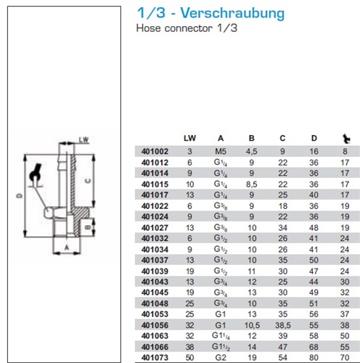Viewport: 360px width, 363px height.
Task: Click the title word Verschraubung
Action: [x=232, y=13]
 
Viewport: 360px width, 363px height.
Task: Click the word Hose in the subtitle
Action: [x=149, y=28]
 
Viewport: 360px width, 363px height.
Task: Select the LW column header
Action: [x=189, y=138]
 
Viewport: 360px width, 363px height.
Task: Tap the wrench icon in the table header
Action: [x=346, y=139]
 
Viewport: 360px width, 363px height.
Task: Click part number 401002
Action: [x=155, y=152]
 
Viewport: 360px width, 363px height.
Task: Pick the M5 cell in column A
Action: [x=221, y=152]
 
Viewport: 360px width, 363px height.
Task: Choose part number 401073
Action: [x=155, y=357]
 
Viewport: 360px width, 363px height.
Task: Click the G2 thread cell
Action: [x=221, y=357]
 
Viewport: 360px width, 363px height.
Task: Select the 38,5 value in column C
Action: [x=282, y=325]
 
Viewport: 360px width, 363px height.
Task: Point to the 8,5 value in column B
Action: [x=252, y=184]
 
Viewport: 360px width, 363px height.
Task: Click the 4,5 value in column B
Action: [x=252, y=152]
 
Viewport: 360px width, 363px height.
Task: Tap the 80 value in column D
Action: [x=314, y=357]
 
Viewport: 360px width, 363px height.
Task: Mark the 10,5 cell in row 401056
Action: [x=252, y=325]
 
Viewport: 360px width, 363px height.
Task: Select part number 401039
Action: [x=155, y=272]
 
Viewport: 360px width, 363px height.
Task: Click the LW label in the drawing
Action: [x=84, y=140]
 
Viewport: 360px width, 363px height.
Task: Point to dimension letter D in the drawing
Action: [x=20, y=195]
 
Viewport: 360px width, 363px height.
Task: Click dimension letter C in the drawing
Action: [x=88, y=181]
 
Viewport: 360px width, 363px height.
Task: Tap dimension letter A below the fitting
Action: [x=67, y=248]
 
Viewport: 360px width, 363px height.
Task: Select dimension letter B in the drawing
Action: [x=88, y=227]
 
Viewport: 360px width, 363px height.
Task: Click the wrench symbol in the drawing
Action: [x=36, y=175]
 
